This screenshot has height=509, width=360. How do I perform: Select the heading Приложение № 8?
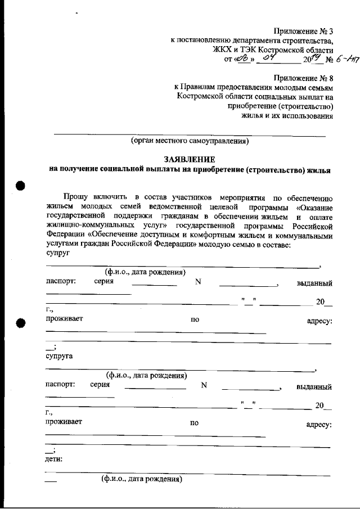coord(303,78)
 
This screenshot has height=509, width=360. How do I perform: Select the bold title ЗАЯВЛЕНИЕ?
coord(190,159)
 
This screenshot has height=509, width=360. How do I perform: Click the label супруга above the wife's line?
coord(58,356)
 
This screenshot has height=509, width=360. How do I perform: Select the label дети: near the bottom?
coord(54,459)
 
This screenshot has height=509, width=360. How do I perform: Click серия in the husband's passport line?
coord(105,282)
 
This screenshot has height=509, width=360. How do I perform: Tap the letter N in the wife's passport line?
coord(204,386)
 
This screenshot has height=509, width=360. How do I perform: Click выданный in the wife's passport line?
coord(314,387)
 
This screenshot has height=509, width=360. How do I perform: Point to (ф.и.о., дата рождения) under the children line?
coord(142,479)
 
